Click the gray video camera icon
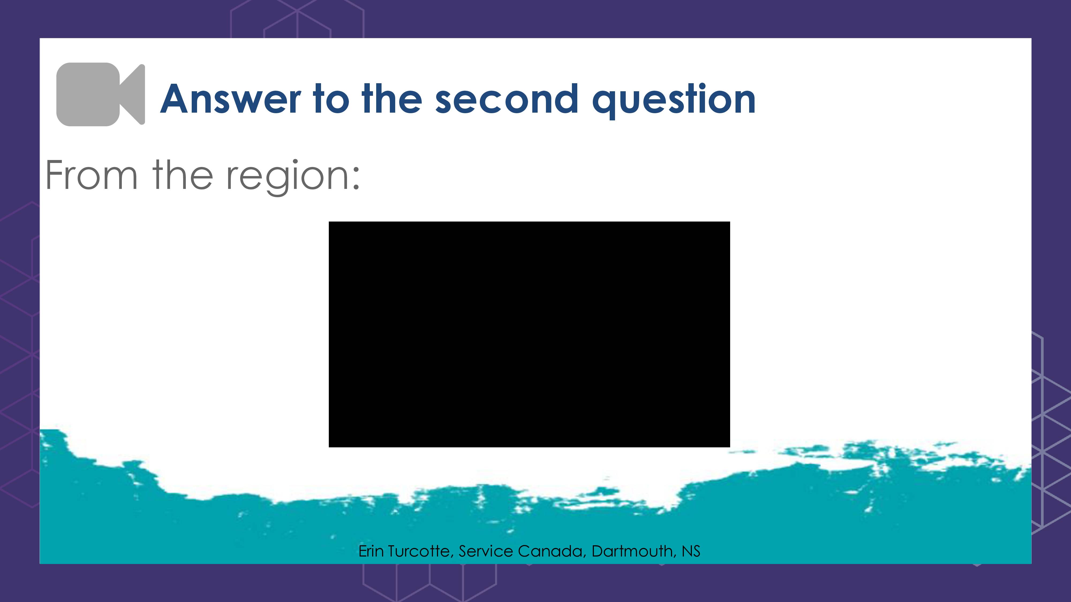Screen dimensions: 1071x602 [x=101, y=94]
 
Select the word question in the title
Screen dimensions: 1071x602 [x=674, y=101]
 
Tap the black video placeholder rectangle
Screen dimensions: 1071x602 [x=529, y=334]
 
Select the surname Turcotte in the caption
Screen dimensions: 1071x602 [x=420, y=551]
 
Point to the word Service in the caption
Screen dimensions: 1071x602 [x=486, y=551]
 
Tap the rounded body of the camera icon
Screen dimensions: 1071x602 [x=88, y=94]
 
